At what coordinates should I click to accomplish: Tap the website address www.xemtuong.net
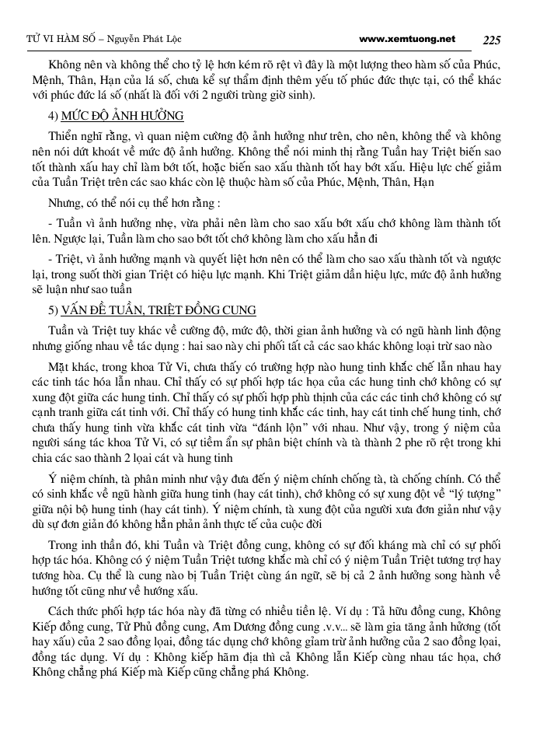coord(408,38)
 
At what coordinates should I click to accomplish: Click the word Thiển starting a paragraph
coord(63,135)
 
